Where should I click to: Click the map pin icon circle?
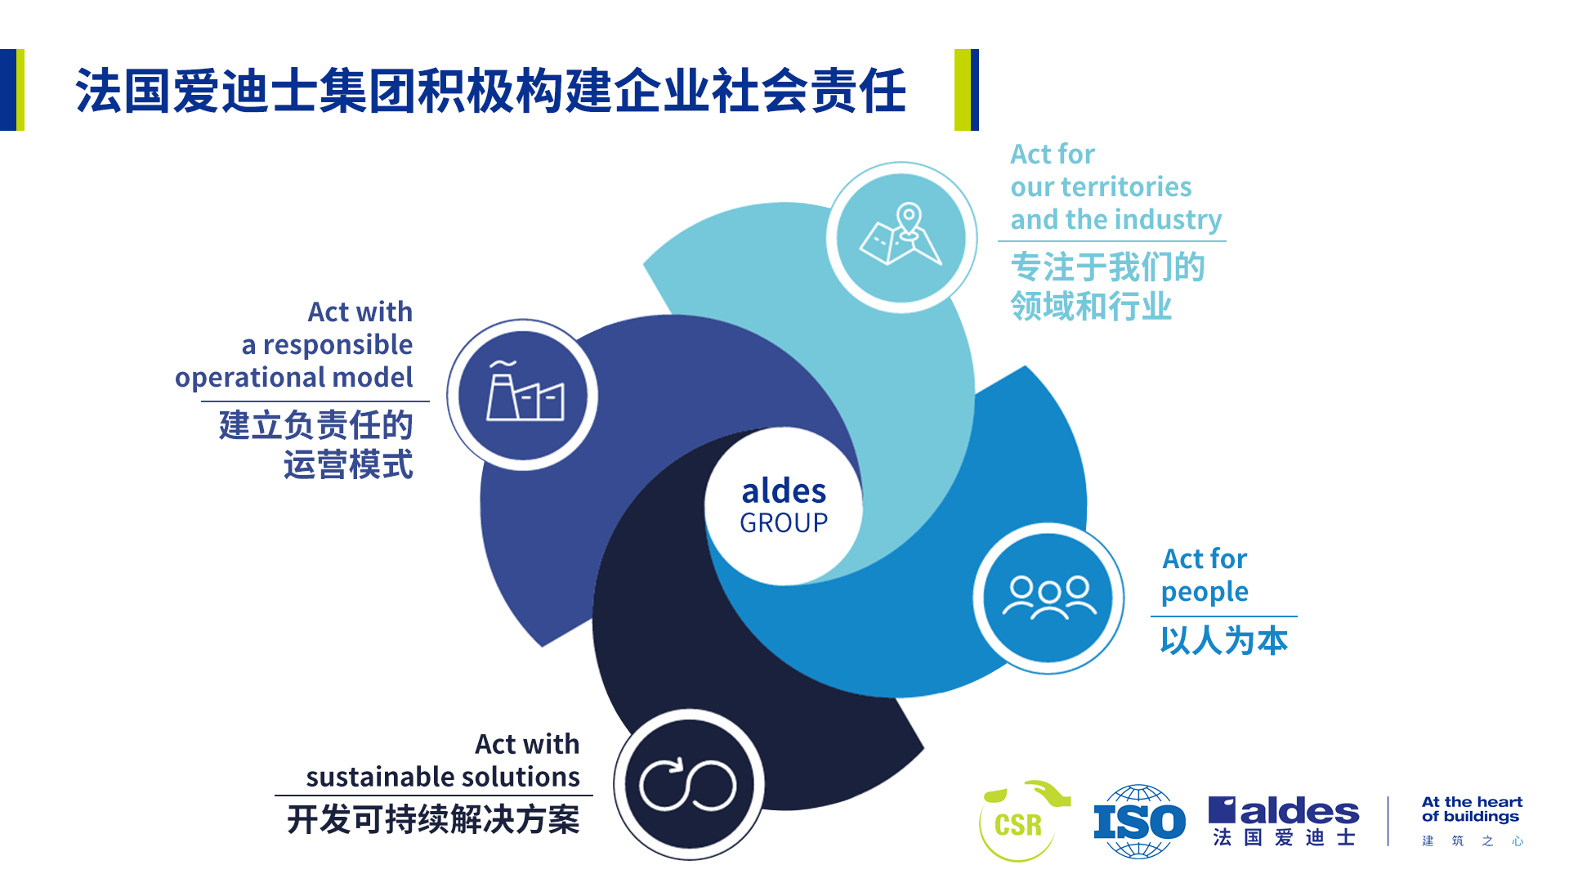pyautogui.click(x=901, y=238)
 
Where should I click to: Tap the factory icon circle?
pyautogui.click(x=523, y=395)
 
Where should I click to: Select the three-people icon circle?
pyautogui.click(x=1048, y=598)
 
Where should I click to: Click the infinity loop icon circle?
pyautogui.click(x=689, y=785)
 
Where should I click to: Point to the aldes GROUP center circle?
pyautogui.click(x=784, y=506)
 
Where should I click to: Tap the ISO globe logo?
pyautogui.click(x=1140, y=822)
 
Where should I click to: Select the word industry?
pyautogui.click(x=1169, y=221)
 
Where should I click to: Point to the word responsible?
pyautogui.click(x=337, y=346)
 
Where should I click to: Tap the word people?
pyautogui.click(x=1205, y=593)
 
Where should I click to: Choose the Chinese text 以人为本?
pyautogui.click(x=1224, y=640)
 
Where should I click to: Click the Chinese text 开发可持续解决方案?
pyautogui.click(x=433, y=819)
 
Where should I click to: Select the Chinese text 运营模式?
pyautogui.click(x=348, y=464)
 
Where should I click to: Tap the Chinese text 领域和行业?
pyautogui.click(x=1091, y=306)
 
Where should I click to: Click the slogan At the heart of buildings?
pyautogui.click(x=1472, y=809)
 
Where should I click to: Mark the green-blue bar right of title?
pyautogui.click(x=967, y=90)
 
